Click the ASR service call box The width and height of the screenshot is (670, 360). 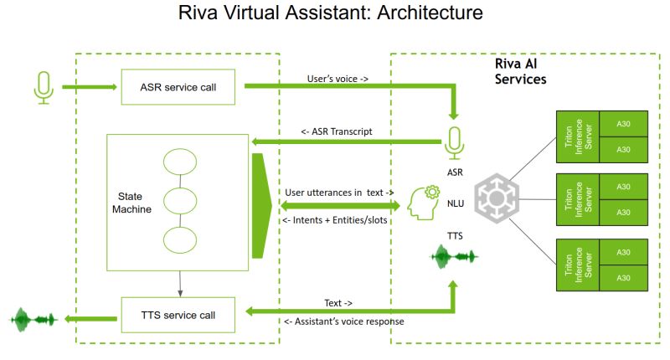[182, 86]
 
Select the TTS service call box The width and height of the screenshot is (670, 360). [182, 315]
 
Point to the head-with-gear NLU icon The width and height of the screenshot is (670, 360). [424, 203]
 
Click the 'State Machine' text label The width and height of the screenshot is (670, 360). [133, 202]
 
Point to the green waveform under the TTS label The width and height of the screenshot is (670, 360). [454, 255]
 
